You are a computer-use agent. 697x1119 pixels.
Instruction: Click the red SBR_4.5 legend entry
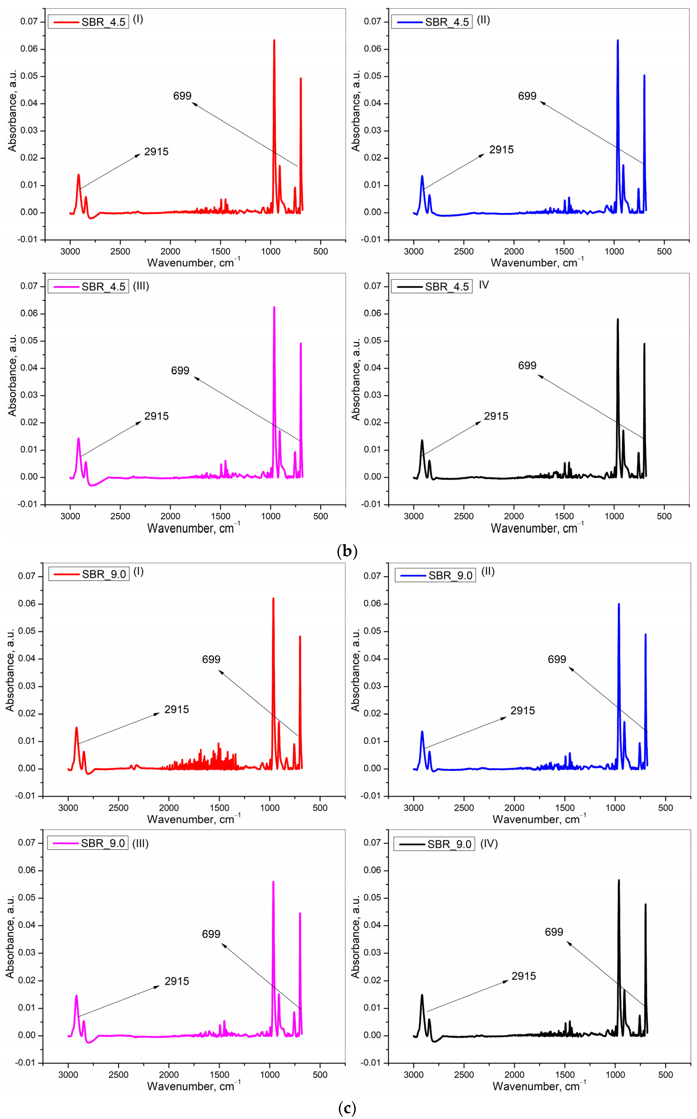88,22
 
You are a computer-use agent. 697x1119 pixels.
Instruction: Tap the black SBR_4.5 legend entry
432,287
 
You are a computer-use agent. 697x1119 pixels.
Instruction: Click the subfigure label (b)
347,551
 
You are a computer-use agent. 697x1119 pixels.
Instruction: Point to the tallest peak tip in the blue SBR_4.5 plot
618,41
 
